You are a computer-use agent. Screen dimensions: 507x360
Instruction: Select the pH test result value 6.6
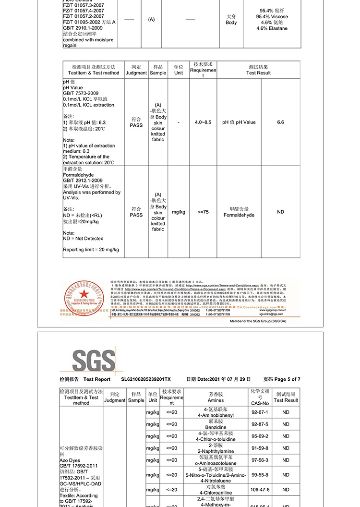coord(280,122)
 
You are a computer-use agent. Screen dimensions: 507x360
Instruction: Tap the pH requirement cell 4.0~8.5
coord(203,122)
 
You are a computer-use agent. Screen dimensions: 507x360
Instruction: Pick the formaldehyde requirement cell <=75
coord(203,212)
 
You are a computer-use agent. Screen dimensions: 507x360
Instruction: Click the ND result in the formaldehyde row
coord(280,212)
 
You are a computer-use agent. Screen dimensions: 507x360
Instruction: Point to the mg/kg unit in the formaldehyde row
coord(179,212)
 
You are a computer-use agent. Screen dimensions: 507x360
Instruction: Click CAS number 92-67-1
coord(260,412)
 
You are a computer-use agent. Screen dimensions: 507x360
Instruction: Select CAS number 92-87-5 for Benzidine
coord(260,424)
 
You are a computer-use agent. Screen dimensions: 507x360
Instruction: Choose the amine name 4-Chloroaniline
coord(216,493)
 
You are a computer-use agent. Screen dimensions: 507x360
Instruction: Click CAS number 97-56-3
coord(260,460)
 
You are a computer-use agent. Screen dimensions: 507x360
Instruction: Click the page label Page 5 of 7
coord(282,379)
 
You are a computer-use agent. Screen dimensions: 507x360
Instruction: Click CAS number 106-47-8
coord(260,490)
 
